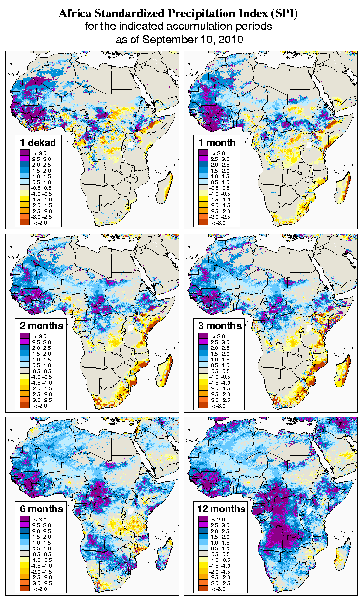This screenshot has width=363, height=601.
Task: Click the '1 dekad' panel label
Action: coord(38,142)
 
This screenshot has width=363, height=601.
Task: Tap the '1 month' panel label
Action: coord(216,142)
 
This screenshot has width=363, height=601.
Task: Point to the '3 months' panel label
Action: coord(220,325)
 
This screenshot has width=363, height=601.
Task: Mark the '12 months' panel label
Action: coord(222,509)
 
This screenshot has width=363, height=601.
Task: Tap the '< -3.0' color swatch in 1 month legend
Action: coord(202,222)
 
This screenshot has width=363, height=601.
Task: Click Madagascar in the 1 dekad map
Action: coord(165,188)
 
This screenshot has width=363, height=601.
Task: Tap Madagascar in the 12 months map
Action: coord(343,555)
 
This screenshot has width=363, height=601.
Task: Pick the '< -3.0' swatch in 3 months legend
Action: coord(202,405)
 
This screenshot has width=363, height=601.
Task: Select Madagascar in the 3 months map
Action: coord(343,372)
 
